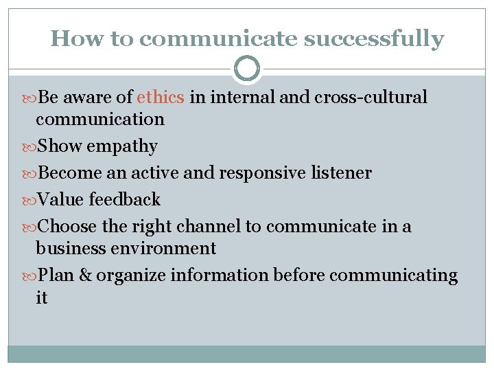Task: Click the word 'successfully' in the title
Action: [374, 39]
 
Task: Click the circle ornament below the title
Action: [247, 69]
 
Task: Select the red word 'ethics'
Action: [161, 98]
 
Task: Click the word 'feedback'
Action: [124, 200]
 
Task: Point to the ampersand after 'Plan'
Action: [86, 276]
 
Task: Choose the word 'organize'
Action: [131, 276]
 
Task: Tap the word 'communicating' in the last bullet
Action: [393, 276]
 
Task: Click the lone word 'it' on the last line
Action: [42, 297]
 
